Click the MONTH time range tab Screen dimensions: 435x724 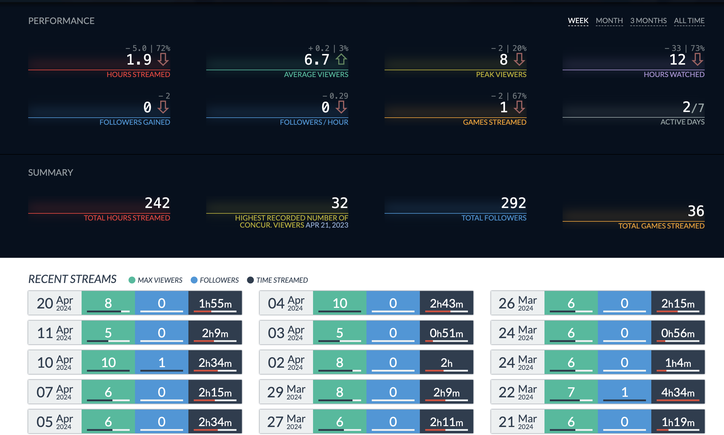coord(609,21)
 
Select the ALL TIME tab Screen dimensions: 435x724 coord(689,21)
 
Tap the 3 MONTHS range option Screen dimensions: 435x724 coord(648,21)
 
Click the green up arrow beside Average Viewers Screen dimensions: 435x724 coord(341,59)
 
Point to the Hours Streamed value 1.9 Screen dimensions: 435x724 coord(139,60)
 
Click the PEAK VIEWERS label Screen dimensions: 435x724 coord(501,74)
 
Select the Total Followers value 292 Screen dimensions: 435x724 coord(513,203)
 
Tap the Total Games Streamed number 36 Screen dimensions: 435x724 coord(696,211)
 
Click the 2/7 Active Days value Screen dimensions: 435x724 coord(693,107)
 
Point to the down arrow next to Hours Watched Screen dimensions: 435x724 coord(697,59)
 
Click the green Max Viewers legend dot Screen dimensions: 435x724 coord(132,280)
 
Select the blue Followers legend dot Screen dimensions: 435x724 coord(194,280)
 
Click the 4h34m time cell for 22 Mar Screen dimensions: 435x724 coord(678,392)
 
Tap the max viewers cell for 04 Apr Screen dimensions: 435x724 coord(340,303)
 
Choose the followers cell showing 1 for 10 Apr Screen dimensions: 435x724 coord(162,362)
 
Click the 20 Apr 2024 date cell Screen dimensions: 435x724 coord(55,303)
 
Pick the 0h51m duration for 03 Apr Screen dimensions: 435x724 coord(446,333)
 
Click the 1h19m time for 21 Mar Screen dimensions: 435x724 coord(678,422)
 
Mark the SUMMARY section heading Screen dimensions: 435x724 coord(51,172)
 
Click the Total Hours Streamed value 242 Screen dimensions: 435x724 coord(157,203)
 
